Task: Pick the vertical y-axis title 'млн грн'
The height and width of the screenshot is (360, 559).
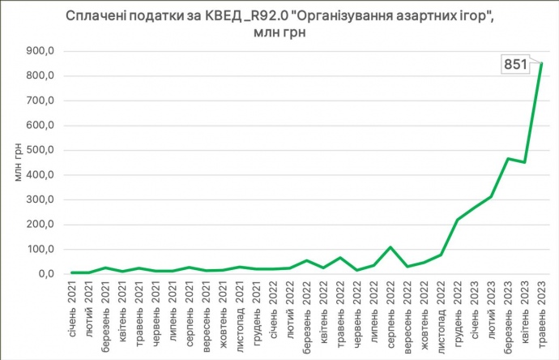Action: pos(18,162)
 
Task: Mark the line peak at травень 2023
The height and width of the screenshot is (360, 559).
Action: pos(541,63)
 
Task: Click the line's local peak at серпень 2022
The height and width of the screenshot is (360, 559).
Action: pos(390,246)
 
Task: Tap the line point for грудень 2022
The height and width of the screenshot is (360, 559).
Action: pos(458,220)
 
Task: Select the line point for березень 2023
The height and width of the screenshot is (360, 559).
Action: pos(508,158)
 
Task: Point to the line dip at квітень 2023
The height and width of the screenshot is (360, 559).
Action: pos(524,162)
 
